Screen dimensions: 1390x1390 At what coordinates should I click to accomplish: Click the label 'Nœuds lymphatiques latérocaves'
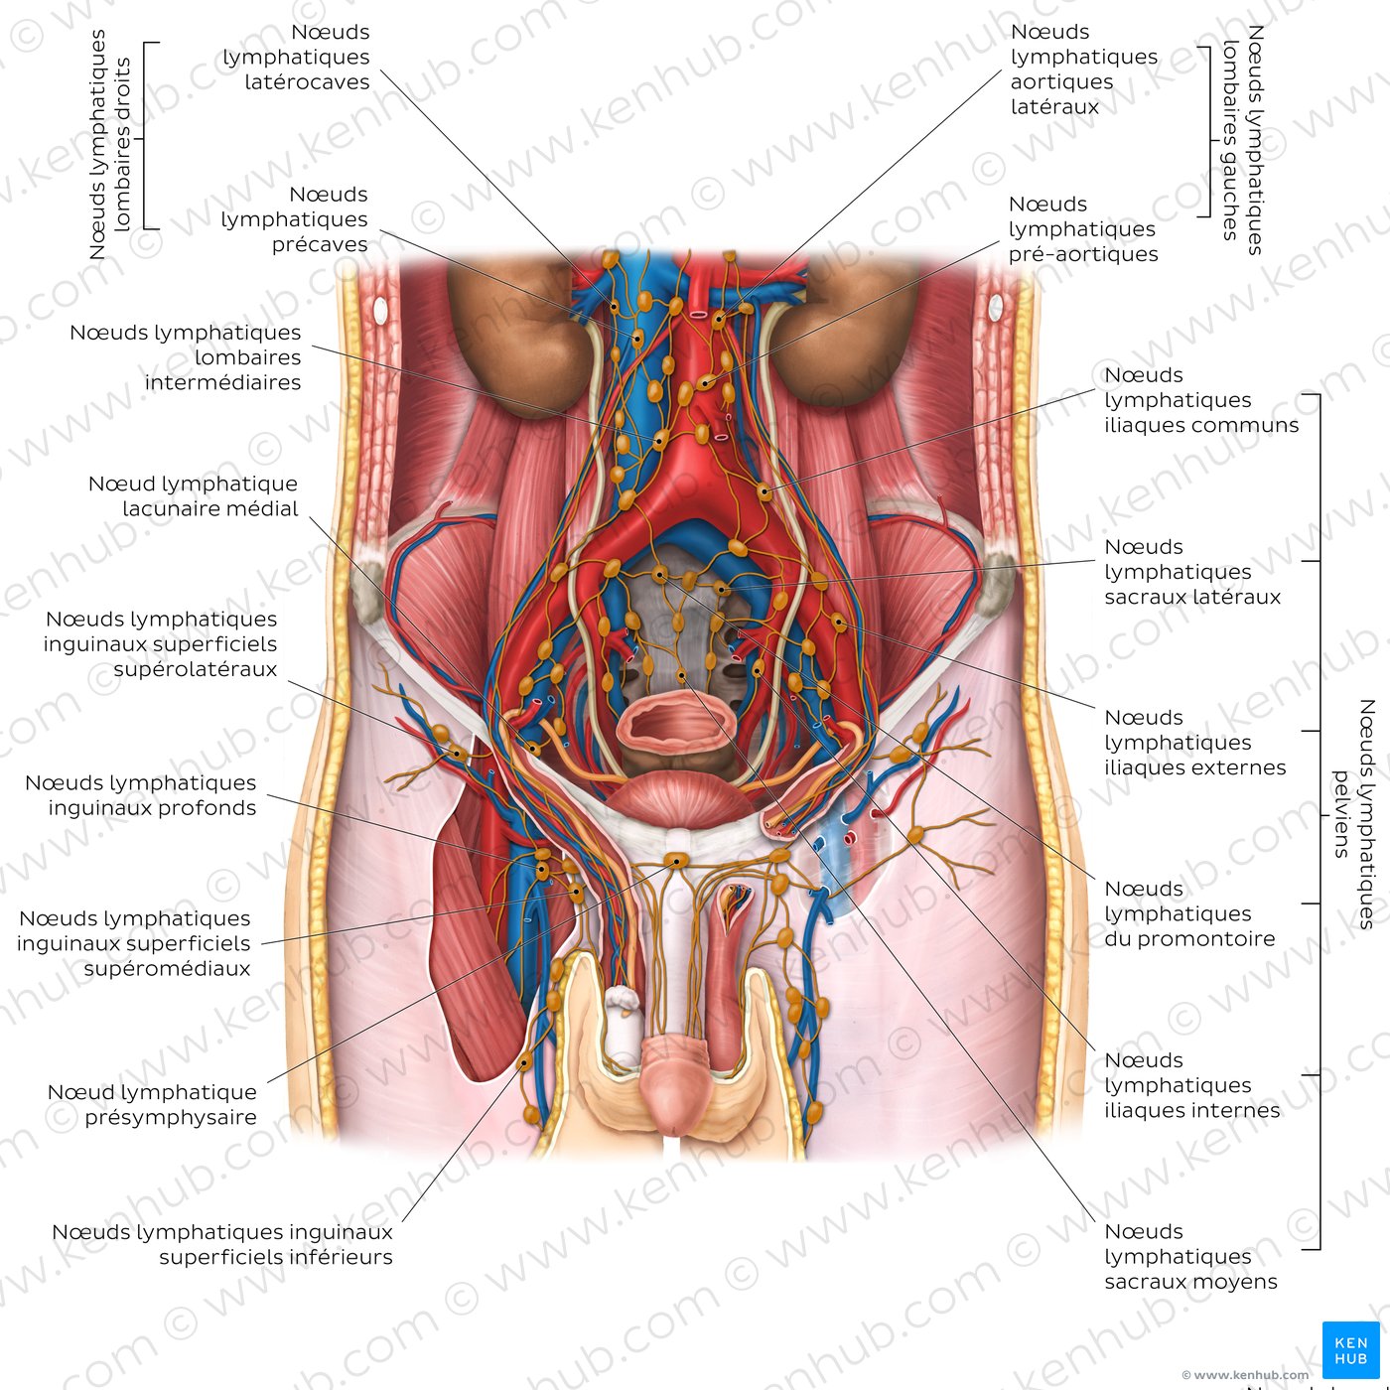coord(296,57)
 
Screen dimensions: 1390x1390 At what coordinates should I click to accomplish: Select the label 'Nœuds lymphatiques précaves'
coord(294,219)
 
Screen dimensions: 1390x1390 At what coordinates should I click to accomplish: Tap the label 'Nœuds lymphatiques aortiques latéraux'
coord(1083,69)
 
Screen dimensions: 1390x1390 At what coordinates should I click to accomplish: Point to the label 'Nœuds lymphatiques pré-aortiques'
coord(1083,228)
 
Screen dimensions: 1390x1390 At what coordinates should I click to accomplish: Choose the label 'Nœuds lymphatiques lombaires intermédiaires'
coord(186,357)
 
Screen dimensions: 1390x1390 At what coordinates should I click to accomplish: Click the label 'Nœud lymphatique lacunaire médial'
coord(193,495)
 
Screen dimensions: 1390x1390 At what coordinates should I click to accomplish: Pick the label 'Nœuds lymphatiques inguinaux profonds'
coord(141,795)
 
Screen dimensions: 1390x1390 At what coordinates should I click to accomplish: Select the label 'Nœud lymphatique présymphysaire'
coord(152,1104)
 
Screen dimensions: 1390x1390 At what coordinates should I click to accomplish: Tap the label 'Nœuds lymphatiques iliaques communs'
coord(1201,399)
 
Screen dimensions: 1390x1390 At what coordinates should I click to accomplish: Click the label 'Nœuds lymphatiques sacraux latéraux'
coord(1192,571)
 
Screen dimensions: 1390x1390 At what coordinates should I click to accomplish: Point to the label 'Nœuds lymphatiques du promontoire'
coord(1189,913)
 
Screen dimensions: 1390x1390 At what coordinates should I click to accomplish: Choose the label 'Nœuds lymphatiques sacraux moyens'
coord(1190,1256)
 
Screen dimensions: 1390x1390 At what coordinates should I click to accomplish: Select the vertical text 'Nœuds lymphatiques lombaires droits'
coord(109,144)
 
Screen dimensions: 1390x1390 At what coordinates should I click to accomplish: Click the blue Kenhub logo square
coord(1350,1349)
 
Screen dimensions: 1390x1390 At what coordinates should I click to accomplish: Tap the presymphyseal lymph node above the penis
coord(676,860)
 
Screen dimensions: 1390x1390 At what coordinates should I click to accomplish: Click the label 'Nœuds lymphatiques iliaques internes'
coord(1192,1085)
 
